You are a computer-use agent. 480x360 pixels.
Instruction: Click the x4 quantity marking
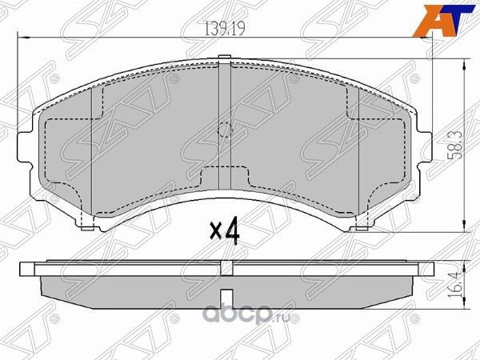[225, 231]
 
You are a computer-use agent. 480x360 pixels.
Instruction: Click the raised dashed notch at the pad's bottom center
[225, 171]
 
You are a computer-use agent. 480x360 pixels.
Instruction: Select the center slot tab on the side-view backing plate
[226, 268]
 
